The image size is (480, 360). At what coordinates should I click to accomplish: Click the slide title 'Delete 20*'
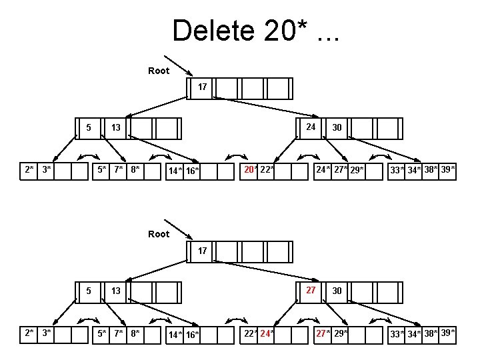pyautogui.click(x=255, y=31)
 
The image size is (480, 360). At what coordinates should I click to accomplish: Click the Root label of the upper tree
pyautogui.click(x=159, y=71)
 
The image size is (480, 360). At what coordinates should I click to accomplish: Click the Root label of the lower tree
pyautogui.click(x=159, y=234)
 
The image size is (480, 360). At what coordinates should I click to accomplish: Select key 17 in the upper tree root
pyautogui.click(x=203, y=87)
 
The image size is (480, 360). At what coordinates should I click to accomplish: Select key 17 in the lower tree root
pyautogui.click(x=203, y=251)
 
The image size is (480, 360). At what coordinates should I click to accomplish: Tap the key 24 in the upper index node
pyautogui.click(x=311, y=127)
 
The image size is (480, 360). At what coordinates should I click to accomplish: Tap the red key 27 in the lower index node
pyautogui.click(x=311, y=290)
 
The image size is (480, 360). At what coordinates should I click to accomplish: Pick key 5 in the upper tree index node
pyautogui.click(x=89, y=127)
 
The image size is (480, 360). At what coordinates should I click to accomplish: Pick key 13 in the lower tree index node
pyautogui.click(x=115, y=291)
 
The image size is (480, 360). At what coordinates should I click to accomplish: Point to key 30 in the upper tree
pyautogui.click(x=337, y=128)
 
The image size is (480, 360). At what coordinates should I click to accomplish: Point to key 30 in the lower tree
pyautogui.click(x=337, y=291)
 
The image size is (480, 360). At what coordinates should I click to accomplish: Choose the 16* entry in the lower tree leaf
pyautogui.click(x=192, y=335)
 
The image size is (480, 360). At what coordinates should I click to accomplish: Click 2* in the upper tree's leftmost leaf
pyautogui.click(x=29, y=170)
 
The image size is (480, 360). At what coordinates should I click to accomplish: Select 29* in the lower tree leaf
pyautogui.click(x=340, y=333)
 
